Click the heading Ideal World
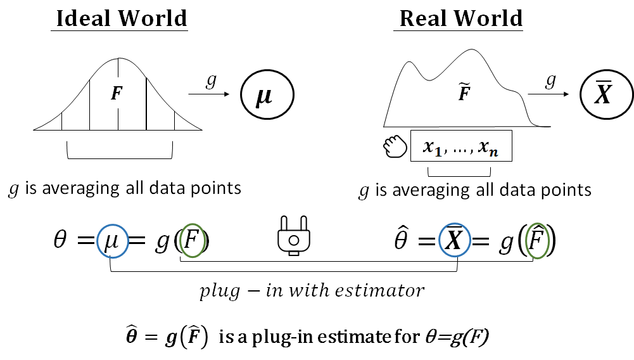point(121,18)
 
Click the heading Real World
point(460,18)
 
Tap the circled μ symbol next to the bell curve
point(267,98)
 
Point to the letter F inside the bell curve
point(117,94)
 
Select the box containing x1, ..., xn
point(460,146)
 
